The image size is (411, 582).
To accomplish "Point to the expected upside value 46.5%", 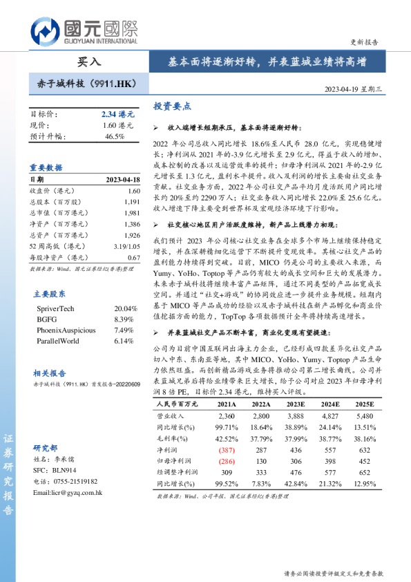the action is [x=115, y=136].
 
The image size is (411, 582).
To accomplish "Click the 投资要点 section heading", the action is [x=172, y=106].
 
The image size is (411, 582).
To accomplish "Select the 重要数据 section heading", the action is [x=46, y=167].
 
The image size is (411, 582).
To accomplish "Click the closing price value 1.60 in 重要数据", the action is [x=133, y=191].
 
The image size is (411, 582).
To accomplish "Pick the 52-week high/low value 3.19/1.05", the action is [x=124, y=246].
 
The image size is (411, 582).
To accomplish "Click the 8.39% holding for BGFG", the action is [x=124, y=319].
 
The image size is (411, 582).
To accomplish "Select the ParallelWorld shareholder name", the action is [x=57, y=341].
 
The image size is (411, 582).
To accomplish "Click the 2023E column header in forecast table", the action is [x=295, y=404].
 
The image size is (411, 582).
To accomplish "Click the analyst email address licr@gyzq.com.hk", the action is [x=68, y=493].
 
